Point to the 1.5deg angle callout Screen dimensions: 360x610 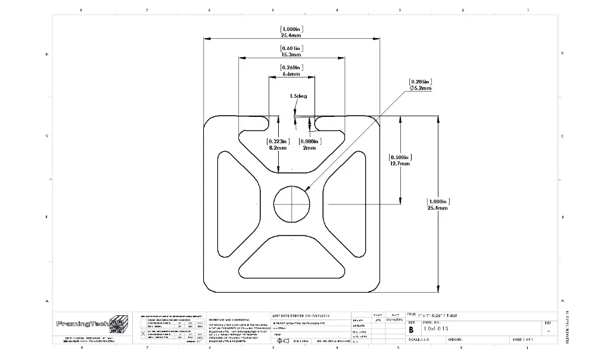coord(298,95)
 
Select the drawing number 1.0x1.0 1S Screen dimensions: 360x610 coord(436,328)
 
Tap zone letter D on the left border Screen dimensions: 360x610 coord(47,54)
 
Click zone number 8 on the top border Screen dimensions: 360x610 coord(81,10)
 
